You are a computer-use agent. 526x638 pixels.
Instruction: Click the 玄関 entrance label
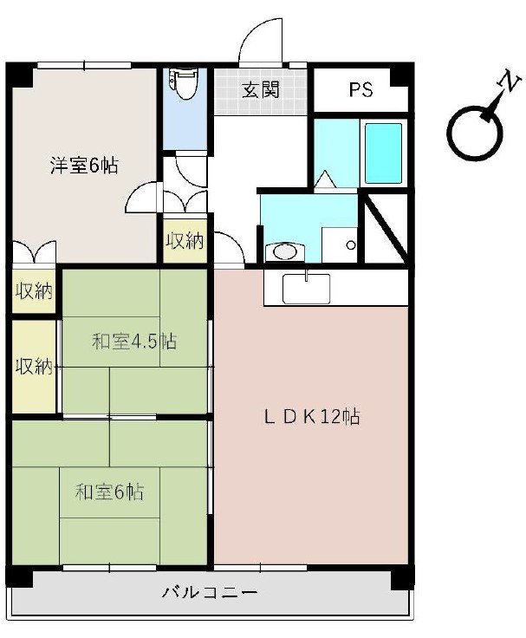pyautogui.click(x=260, y=90)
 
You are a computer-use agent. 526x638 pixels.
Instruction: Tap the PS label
pyautogui.click(x=361, y=90)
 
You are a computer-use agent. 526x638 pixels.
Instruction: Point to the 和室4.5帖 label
pyautogui.click(x=134, y=342)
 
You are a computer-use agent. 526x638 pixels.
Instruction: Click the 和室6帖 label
pyautogui.click(x=109, y=492)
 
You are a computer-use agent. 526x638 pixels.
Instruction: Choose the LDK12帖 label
pyautogui.click(x=312, y=417)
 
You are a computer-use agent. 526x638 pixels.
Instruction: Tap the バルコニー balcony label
pyautogui.click(x=210, y=594)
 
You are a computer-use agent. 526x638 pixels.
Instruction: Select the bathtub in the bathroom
pyautogui.click(x=382, y=153)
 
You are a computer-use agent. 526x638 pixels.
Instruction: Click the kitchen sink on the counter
pyautogui.click(x=306, y=288)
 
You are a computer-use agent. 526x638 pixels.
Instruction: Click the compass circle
pyautogui.click(x=474, y=133)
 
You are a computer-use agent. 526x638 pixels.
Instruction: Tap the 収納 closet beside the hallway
pyautogui.click(x=185, y=240)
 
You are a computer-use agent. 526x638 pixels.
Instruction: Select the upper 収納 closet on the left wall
pyautogui.click(x=34, y=291)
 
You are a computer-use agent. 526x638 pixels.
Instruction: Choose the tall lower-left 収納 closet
pyautogui.click(x=34, y=366)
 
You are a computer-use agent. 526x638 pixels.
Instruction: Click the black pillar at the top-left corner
pyautogui.click(x=18, y=74)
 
